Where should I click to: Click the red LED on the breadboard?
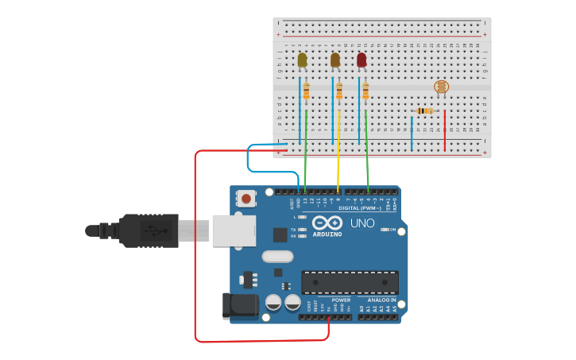click(x=361, y=60)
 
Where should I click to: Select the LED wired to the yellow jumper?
click(x=335, y=60)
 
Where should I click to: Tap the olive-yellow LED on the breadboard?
click(x=302, y=60)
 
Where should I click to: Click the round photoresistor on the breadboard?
click(x=441, y=87)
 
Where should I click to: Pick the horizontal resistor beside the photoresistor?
click(x=425, y=110)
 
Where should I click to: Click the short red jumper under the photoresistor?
click(x=445, y=131)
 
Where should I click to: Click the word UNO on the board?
click(x=362, y=223)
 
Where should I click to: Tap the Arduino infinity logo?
click(x=327, y=223)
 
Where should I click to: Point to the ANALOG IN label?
click(x=381, y=300)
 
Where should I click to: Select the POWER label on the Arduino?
click(x=330, y=300)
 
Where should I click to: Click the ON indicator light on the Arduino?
click(x=385, y=230)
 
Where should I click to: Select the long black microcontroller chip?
click(x=350, y=282)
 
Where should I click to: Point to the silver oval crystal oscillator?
click(x=277, y=256)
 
